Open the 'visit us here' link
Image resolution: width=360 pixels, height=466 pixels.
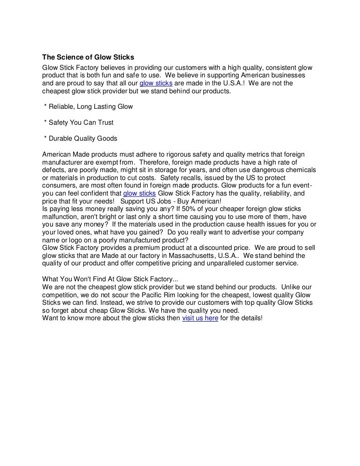[x=200, y=318]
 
